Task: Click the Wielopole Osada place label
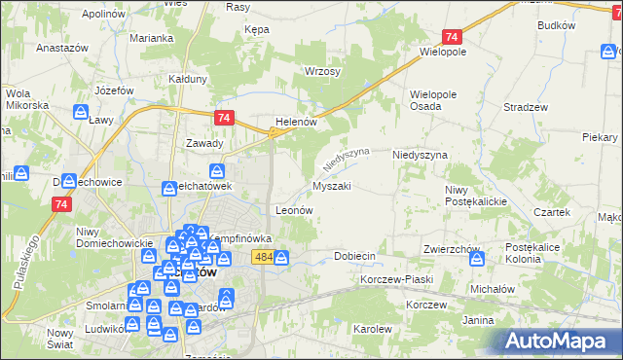click(x=434, y=100)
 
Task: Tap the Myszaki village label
click(x=332, y=185)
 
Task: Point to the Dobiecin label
click(x=354, y=255)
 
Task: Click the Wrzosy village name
click(x=322, y=72)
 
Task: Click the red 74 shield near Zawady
click(x=225, y=118)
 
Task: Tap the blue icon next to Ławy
click(x=79, y=112)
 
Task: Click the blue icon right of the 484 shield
click(x=281, y=258)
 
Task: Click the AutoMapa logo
click(x=557, y=341)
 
